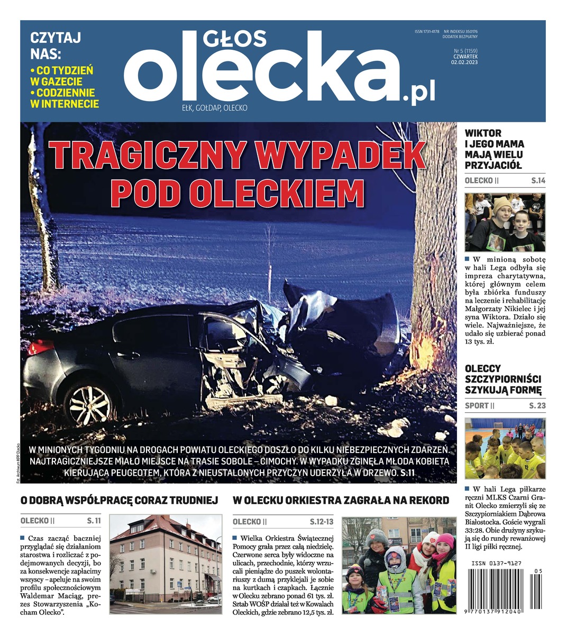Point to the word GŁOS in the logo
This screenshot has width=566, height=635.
coord(234,38)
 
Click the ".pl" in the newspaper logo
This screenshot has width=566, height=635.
coord(419,94)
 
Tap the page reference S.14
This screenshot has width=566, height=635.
coord(537,181)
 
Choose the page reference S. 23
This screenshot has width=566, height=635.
coord(537,406)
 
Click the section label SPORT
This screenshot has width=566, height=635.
coord(476,406)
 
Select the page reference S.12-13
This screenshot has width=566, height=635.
coord(322,522)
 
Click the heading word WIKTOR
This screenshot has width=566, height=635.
coord(483,133)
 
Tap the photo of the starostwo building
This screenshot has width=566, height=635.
coord(166,564)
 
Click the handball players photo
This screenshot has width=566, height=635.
coord(505,449)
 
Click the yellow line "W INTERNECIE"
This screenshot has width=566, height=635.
coord(65,104)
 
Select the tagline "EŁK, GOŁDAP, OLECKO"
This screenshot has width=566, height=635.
coord(214,108)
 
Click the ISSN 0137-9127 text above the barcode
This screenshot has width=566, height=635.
coord(496,564)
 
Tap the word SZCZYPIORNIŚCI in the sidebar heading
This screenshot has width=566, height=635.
coord(503,379)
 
